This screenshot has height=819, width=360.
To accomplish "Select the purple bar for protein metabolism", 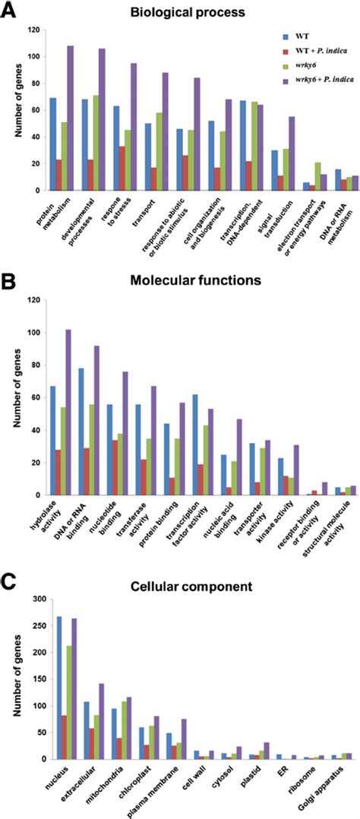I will click(x=70, y=119).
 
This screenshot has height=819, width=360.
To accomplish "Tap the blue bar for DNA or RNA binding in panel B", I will click(x=80, y=432).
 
